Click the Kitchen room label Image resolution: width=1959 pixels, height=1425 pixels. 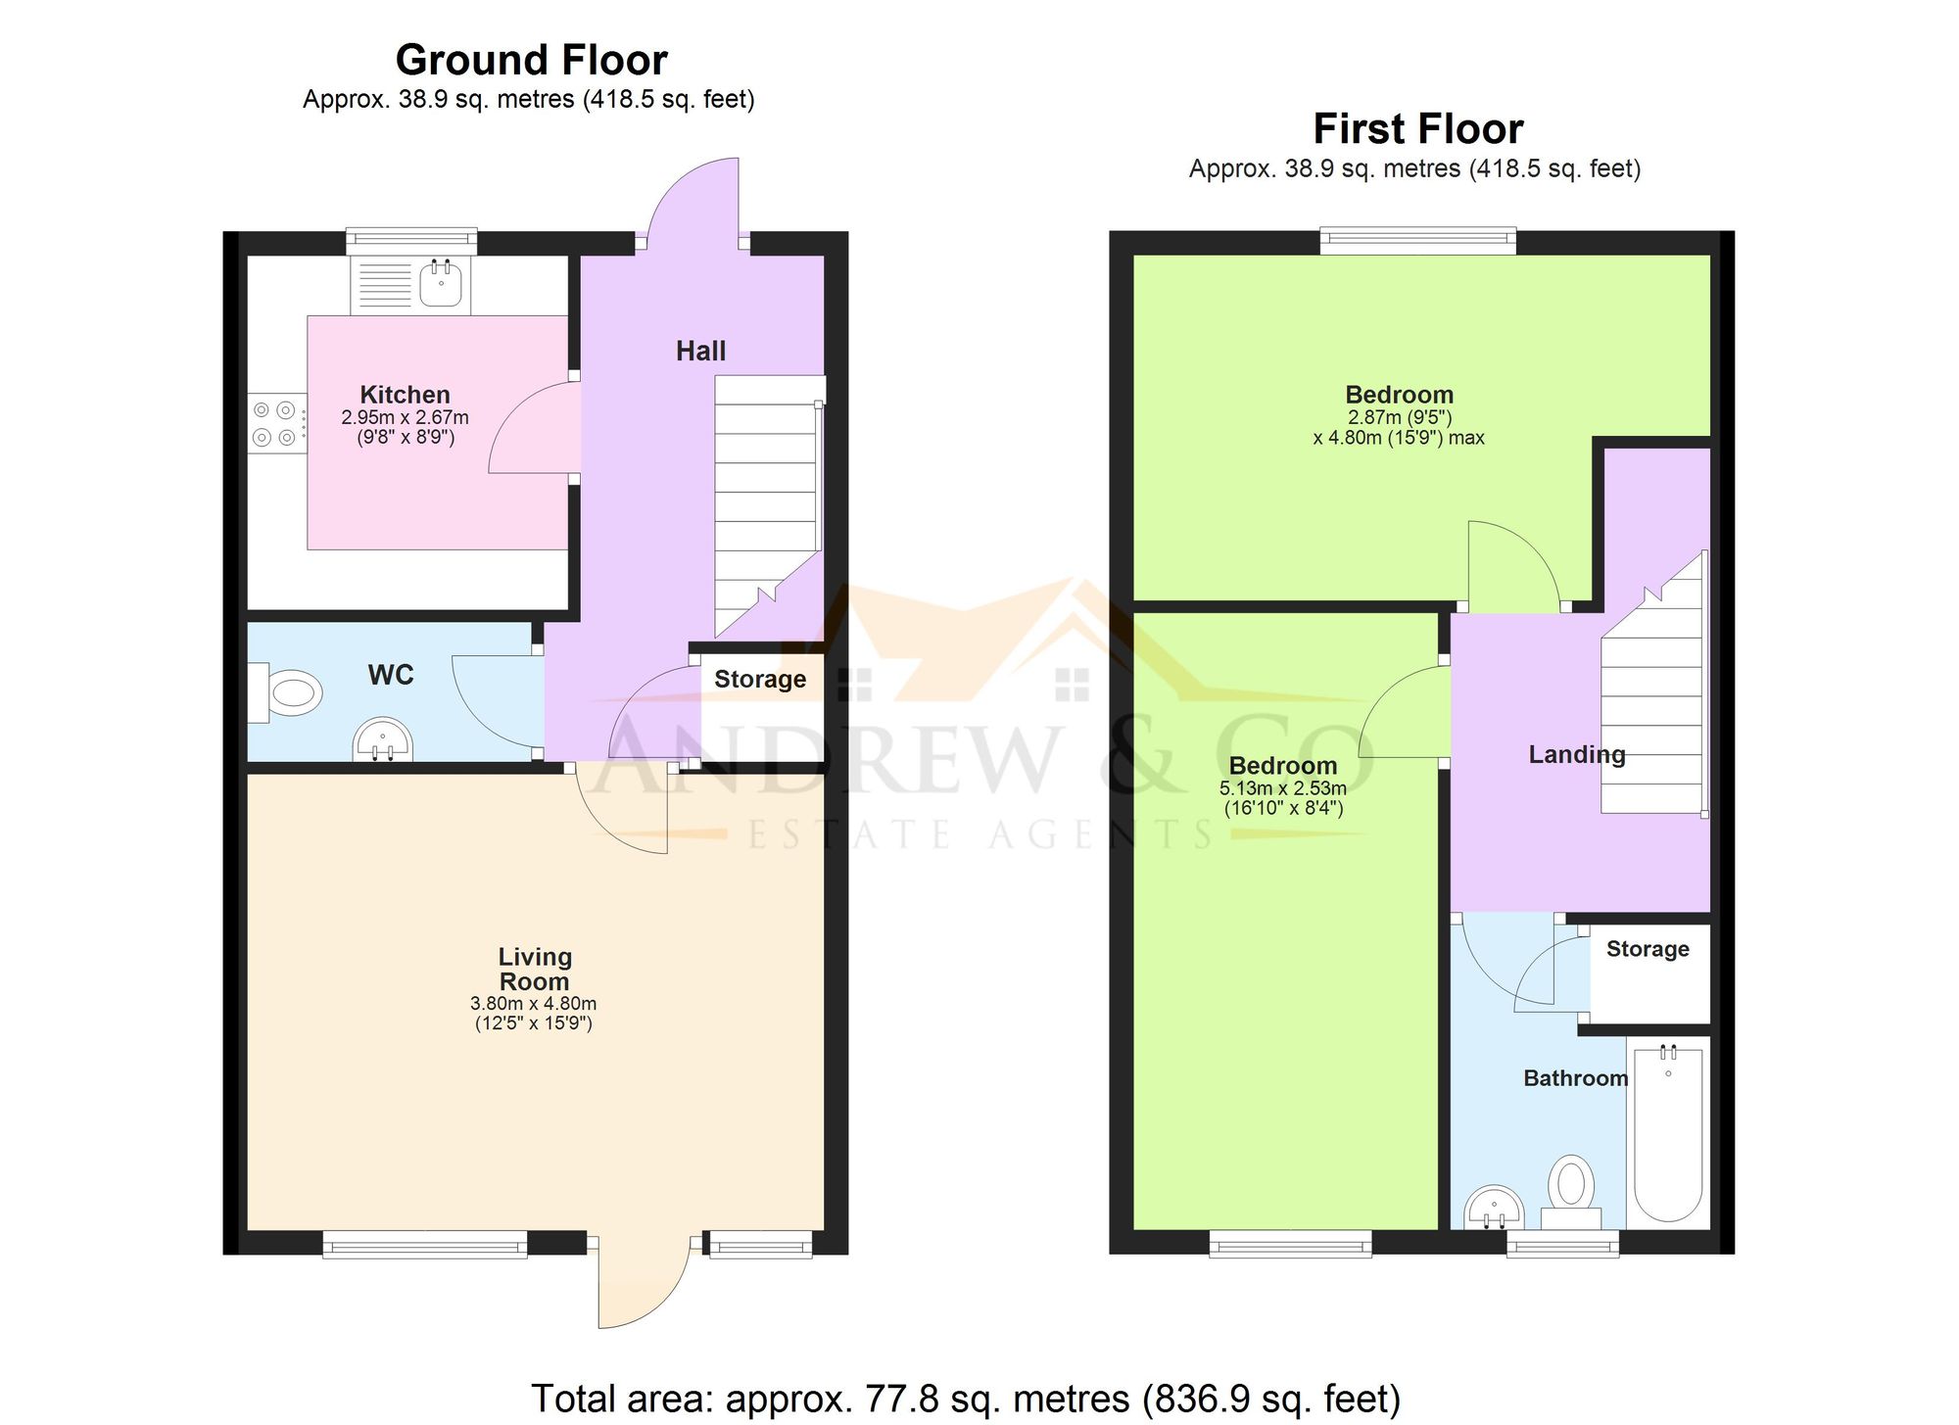(x=405, y=395)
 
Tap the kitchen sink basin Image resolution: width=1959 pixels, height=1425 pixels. (x=441, y=283)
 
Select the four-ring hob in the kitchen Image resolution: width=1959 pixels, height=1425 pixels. (x=275, y=423)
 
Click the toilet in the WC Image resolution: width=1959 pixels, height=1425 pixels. (x=285, y=693)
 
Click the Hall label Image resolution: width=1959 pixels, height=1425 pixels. (x=700, y=351)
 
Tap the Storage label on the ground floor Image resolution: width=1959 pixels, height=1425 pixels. (x=760, y=679)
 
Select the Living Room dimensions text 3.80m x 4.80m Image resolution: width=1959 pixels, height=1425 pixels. (x=534, y=1003)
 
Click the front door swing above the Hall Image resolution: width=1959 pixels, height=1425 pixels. (x=693, y=201)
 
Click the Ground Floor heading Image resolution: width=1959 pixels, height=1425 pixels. (x=532, y=60)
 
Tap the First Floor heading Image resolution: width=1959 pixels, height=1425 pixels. (x=1417, y=128)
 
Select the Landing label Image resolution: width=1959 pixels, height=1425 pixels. (x=1577, y=754)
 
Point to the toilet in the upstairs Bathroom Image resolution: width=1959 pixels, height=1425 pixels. (x=1571, y=1193)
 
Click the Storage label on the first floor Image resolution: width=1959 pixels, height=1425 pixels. (x=1648, y=948)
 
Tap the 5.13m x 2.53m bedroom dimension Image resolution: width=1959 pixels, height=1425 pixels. (x=1283, y=787)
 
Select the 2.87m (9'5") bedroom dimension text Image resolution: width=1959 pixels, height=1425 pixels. (x=1400, y=417)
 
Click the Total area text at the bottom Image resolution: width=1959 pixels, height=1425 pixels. (x=966, y=1399)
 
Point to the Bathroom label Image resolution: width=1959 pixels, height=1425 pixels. (x=1576, y=1078)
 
